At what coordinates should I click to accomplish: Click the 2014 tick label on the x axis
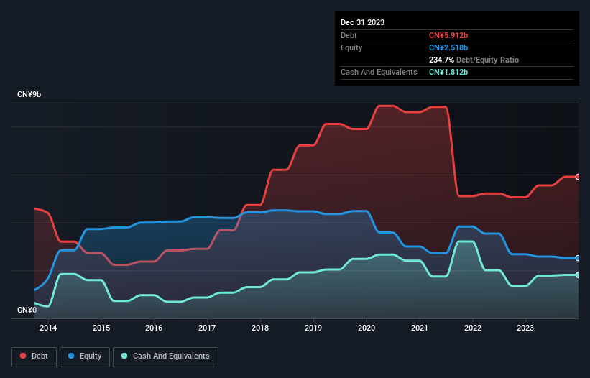[x=48, y=328]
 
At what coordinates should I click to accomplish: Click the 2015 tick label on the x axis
[x=101, y=328]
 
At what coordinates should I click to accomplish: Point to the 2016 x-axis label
[x=154, y=328]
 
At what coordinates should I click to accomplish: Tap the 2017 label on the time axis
[x=207, y=328]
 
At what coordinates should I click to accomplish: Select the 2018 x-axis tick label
[x=260, y=328]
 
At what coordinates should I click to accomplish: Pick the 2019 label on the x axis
[x=313, y=328]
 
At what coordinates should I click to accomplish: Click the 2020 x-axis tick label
[x=367, y=328]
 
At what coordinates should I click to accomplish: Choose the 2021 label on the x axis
[x=420, y=328]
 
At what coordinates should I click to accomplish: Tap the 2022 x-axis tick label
[x=473, y=328]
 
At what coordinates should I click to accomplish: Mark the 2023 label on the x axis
[x=525, y=328]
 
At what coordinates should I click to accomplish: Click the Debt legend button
[x=34, y=356]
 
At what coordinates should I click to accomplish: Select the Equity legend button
[x=86, y=356]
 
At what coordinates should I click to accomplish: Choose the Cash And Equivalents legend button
[x=165, y=356]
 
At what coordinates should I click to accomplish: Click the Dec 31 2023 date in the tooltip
[x=362, y=22]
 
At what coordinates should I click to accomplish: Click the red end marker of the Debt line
[x=578, y=177]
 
